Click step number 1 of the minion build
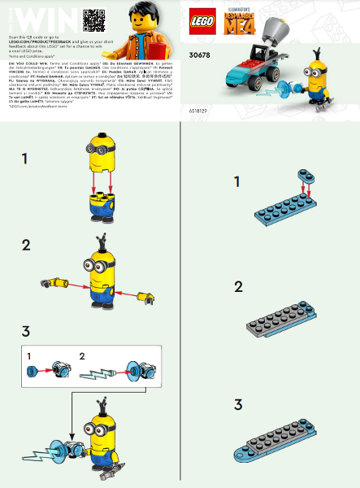[x=25, y=159]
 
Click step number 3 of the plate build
[x=238, y=404]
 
